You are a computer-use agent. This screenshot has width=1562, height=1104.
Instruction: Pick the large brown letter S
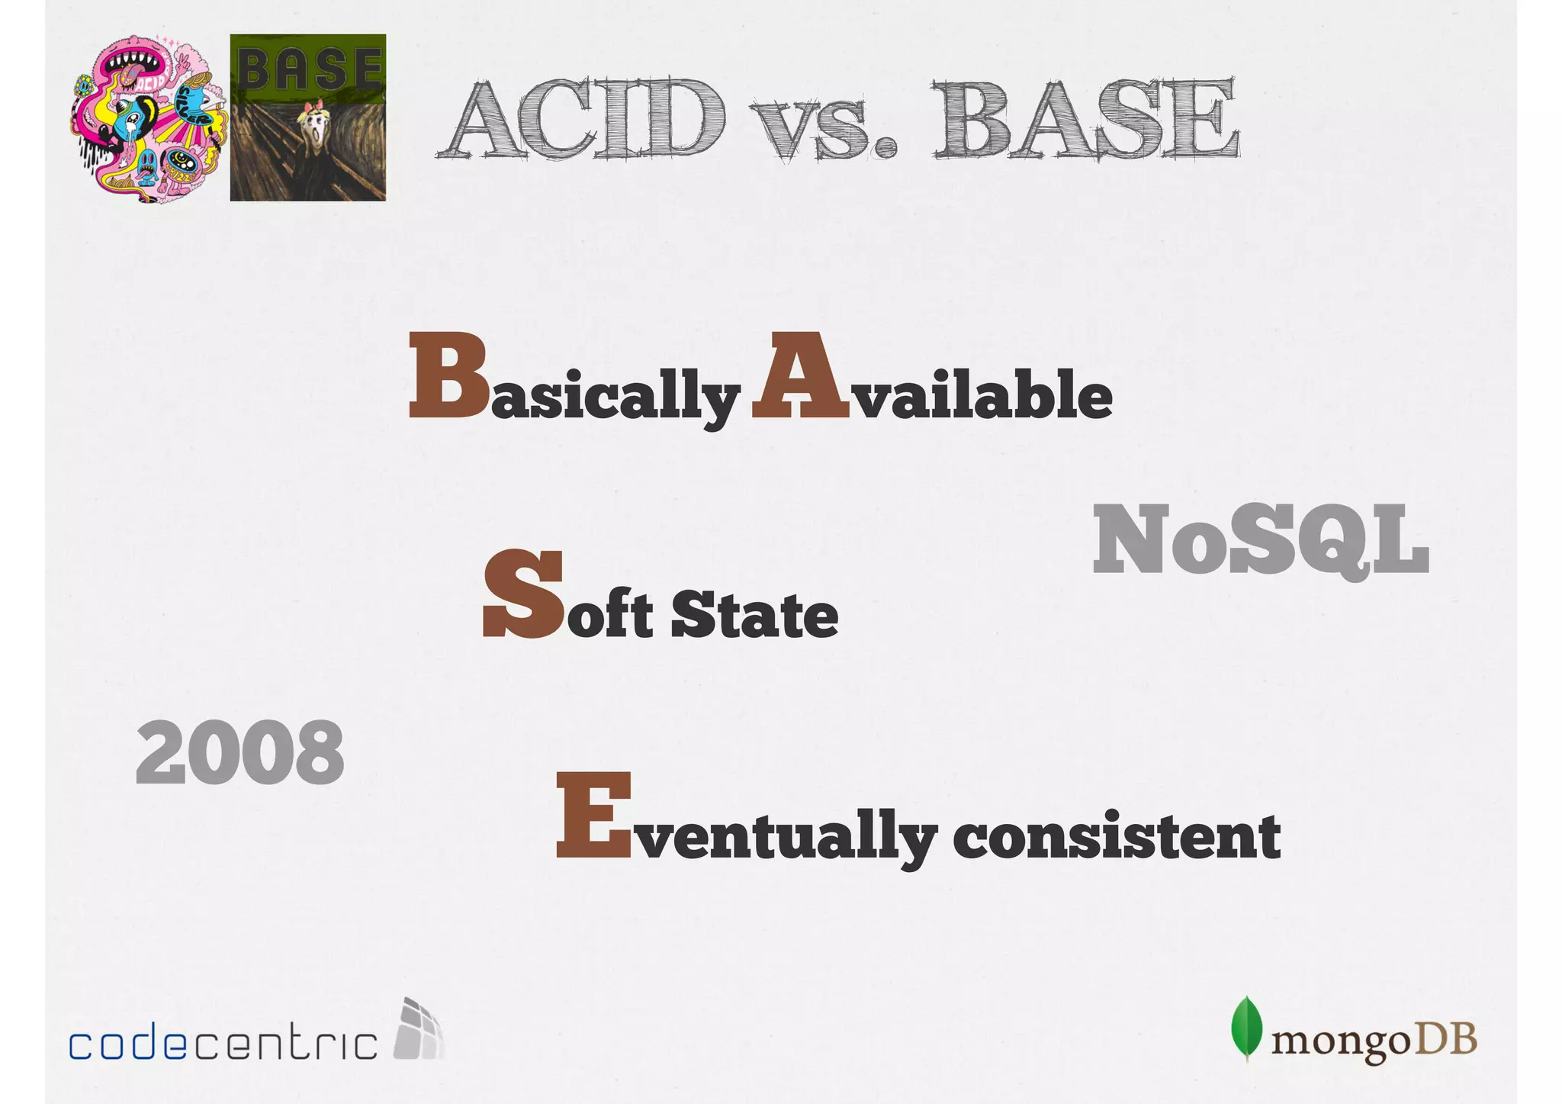click(x=524, y=594)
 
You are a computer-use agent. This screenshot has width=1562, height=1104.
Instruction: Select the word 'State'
click(x=754, y=615)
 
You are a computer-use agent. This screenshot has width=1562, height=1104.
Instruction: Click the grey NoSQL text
click(x=1260, y=540)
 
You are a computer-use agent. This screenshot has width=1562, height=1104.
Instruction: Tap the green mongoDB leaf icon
click(x=1246, y=1028)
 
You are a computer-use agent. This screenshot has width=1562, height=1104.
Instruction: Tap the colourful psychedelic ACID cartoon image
click(x=149, y=118)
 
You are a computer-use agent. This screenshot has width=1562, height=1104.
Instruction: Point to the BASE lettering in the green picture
click(x=308, y=67)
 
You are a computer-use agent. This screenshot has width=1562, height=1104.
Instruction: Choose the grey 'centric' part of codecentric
click(x=284, y=1044)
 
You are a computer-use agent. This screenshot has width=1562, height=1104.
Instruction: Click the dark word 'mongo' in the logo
click(x=1341, y=1041)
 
